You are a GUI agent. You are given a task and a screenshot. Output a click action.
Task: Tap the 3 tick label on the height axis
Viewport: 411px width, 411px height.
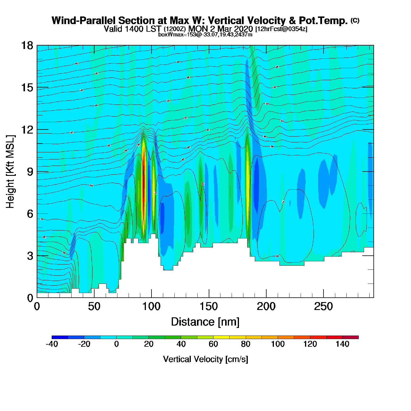click(x=30, y=256)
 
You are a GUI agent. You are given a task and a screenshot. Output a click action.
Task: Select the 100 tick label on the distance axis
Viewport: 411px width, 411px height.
click(x=151, y=307)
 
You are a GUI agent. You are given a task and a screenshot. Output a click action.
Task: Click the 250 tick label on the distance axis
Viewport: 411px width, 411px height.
click(x=324, y=307)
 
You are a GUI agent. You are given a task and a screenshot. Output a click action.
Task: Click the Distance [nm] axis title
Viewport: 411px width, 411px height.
click(x=205, y=322)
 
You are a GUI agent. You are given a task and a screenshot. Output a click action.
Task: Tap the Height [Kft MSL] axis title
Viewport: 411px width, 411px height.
click(x=10, y=172)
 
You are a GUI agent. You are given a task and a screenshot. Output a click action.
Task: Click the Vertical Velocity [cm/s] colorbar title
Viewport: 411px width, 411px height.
click(x=206, y=359)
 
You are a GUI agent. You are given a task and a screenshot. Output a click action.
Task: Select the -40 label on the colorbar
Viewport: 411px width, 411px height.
click(x=52, y=344)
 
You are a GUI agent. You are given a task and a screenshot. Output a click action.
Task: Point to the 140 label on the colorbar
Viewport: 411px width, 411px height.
click(x=342, y=344)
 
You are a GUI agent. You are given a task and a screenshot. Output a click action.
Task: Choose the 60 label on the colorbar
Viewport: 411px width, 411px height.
click(x=213, y=344)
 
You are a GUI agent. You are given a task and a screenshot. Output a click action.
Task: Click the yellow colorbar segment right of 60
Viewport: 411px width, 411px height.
click(x=221, y=337)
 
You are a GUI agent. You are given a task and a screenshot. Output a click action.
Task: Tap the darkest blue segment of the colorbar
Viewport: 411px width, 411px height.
click(x=60, y=337)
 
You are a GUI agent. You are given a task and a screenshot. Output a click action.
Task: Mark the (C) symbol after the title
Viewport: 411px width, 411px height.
click(x=355, y=20)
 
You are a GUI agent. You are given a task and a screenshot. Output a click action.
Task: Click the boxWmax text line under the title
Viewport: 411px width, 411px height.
click(x=205, y=34)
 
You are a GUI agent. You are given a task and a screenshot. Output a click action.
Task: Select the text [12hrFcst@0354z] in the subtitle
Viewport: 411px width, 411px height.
click(x=281, y=29)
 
